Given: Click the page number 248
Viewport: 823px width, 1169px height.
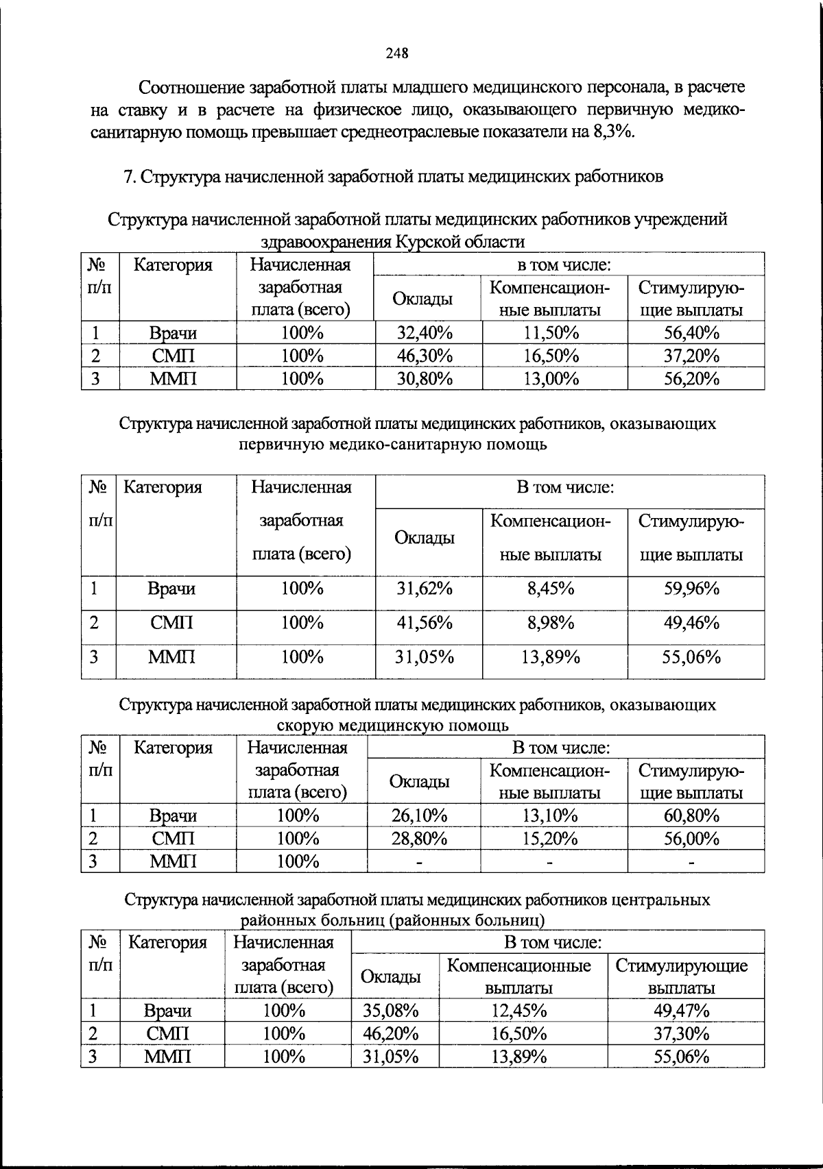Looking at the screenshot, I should point(397,53).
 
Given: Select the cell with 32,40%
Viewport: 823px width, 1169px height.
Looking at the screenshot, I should point(425,333).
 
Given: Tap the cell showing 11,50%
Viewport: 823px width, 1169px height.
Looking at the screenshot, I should point(551,333).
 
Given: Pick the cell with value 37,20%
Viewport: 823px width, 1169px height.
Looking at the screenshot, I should point(691,356).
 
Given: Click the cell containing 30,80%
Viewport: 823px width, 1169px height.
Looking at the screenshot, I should point(425,378).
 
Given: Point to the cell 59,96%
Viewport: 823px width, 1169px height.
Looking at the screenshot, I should point(691,589).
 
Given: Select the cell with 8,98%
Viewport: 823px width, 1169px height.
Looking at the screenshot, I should point(551,623).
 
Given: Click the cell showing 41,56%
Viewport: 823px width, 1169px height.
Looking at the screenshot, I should point(425,623).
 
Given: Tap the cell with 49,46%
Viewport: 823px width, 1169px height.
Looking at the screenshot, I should point(691,623).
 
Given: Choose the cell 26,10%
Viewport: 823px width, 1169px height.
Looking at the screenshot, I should point(420,815).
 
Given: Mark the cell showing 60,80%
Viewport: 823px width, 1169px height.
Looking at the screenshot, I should point(691,815).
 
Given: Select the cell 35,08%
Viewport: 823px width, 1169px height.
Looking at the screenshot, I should point(391,1010).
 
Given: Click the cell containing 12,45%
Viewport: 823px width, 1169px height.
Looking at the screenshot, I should point(519,1010).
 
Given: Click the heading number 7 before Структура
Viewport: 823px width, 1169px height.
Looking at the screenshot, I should point(128,177).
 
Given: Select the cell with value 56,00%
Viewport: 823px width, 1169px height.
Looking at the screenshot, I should point(691,838).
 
